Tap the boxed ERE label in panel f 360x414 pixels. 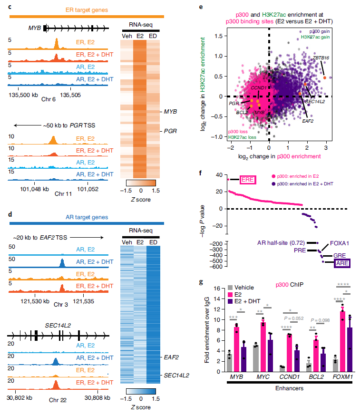247,180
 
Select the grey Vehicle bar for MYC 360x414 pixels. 256,352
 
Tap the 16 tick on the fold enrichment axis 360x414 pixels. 218,288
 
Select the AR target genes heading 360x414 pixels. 87,217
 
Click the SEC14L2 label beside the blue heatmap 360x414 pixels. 176,375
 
